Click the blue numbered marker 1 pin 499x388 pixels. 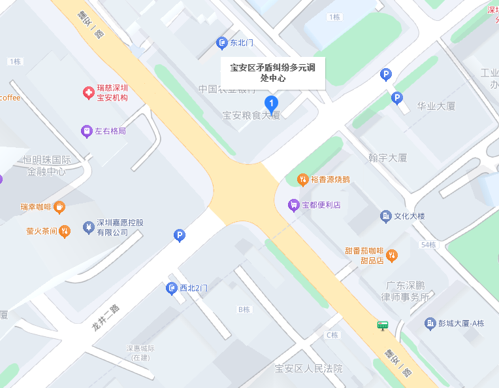[x=271, y=103]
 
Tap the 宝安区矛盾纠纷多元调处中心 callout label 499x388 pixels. [x=272, y=72]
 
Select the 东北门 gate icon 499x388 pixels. [x=221, y=43]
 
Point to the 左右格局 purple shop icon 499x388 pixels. [x=86, y=132]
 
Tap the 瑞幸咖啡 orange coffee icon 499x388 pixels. [x=59, y=207]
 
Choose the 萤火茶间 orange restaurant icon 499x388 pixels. [x=64, y=230]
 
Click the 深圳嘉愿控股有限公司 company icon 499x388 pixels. [x=88, y=227]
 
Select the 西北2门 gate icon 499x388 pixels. [x=172, y=288]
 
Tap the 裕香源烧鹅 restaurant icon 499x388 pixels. [x=302, y=179]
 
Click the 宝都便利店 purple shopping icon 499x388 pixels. [x=294, y=205]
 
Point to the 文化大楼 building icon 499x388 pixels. [x=385, y=216]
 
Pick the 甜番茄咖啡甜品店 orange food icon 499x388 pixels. [x=392, y=255]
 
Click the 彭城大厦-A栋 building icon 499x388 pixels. [x=430, y=323]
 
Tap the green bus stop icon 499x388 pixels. [x=382, y=325]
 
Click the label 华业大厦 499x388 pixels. [x=436, y=106]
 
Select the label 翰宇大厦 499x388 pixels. [x=388, y=158]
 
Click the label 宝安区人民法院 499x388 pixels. [x=308, y=369]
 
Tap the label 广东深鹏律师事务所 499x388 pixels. [x=405, y=291]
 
